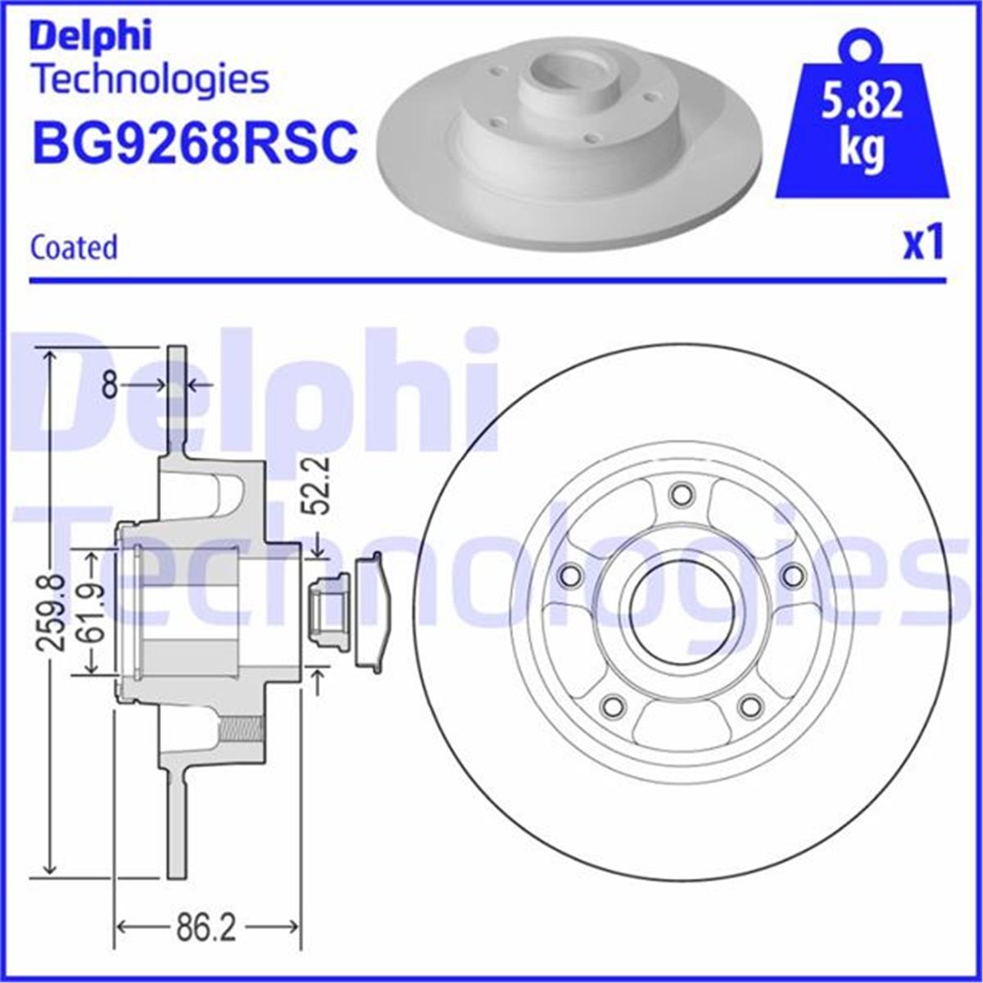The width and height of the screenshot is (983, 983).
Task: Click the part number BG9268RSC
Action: pos(194,141)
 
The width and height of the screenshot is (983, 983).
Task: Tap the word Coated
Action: pos(74,247)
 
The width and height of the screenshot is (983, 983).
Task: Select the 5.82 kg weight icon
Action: pos(861,123)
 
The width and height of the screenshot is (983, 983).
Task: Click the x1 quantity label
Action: pos(923,244)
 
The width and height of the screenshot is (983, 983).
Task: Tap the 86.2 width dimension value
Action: pos(206,928)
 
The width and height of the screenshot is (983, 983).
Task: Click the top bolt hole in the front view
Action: pos(680,494)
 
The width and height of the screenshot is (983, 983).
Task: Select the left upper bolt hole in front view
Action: pos(569,576)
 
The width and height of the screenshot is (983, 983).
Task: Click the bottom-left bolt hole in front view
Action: pos(611,705)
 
